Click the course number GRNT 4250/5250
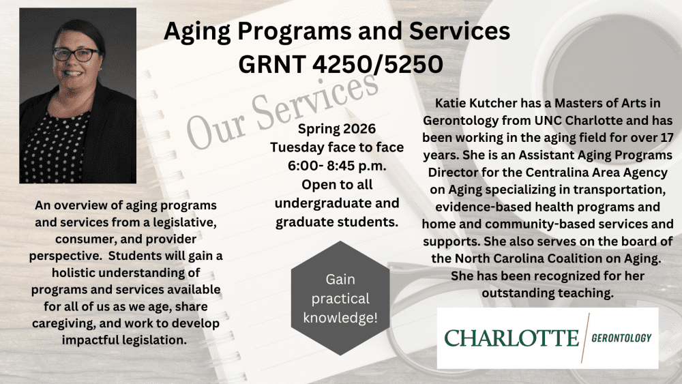point(340,64)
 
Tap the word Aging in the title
point(197,31)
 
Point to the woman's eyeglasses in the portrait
point(76,55)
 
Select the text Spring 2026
point(337,129)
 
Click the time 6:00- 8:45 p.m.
point(337,166)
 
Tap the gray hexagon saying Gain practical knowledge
point(340,298)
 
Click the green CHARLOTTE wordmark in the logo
point(512,338)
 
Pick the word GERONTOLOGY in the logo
point(621,338)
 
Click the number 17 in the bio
point(666,137)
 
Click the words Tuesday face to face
point(337,147)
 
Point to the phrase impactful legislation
point(124,340)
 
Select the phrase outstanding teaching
point(547,293)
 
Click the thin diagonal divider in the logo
point(585,338)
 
